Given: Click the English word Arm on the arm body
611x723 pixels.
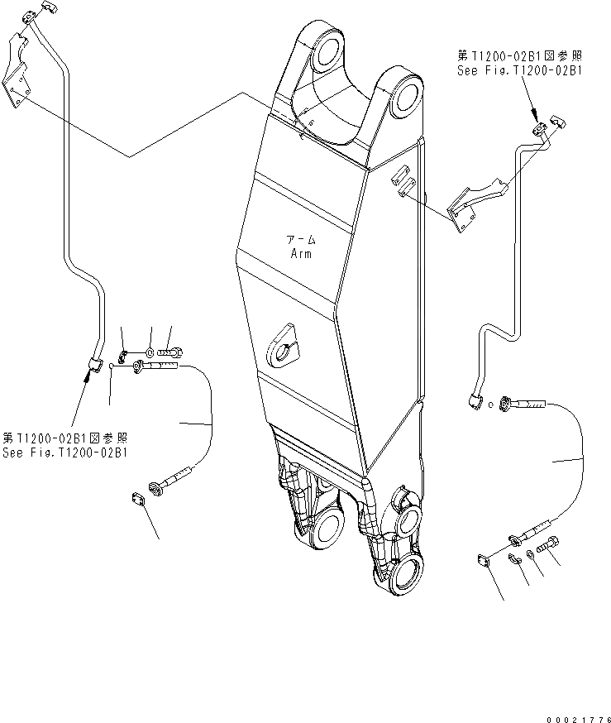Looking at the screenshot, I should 301,254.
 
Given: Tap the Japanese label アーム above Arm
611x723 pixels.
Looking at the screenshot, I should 301,240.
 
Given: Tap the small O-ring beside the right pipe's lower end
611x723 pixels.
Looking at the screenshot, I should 492,404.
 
